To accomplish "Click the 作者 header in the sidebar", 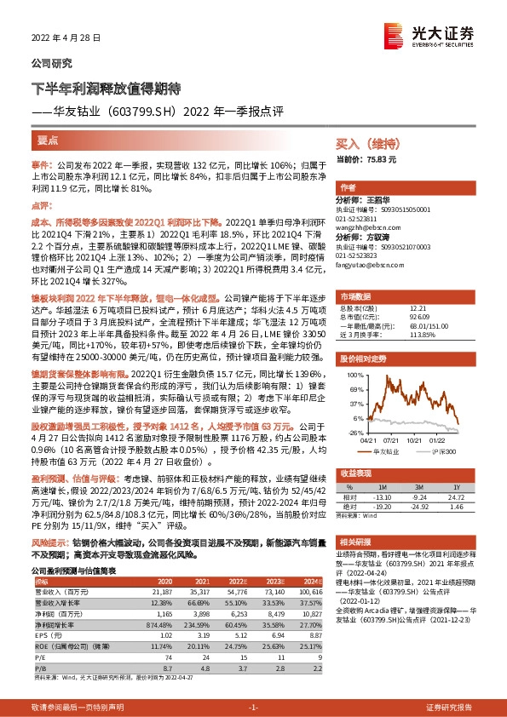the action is click(348, 187).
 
